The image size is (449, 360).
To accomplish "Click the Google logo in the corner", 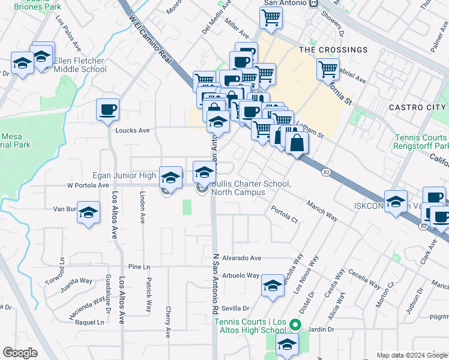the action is pos(20,353).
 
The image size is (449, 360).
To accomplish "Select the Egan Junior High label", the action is pos(124,175).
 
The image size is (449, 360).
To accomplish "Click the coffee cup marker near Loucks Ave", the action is pos(108,109).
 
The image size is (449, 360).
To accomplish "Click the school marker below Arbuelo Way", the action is pos(273,286).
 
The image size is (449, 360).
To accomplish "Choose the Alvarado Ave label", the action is pos(242,257).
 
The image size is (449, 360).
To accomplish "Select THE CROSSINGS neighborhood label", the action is pos(333,50).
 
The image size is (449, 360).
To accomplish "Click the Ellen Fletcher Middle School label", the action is pos(80,65).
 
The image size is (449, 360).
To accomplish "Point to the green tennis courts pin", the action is pos(295,326).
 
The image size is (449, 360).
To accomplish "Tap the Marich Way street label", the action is pos(322,211).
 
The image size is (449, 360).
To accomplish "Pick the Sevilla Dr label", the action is pos(235,308).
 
